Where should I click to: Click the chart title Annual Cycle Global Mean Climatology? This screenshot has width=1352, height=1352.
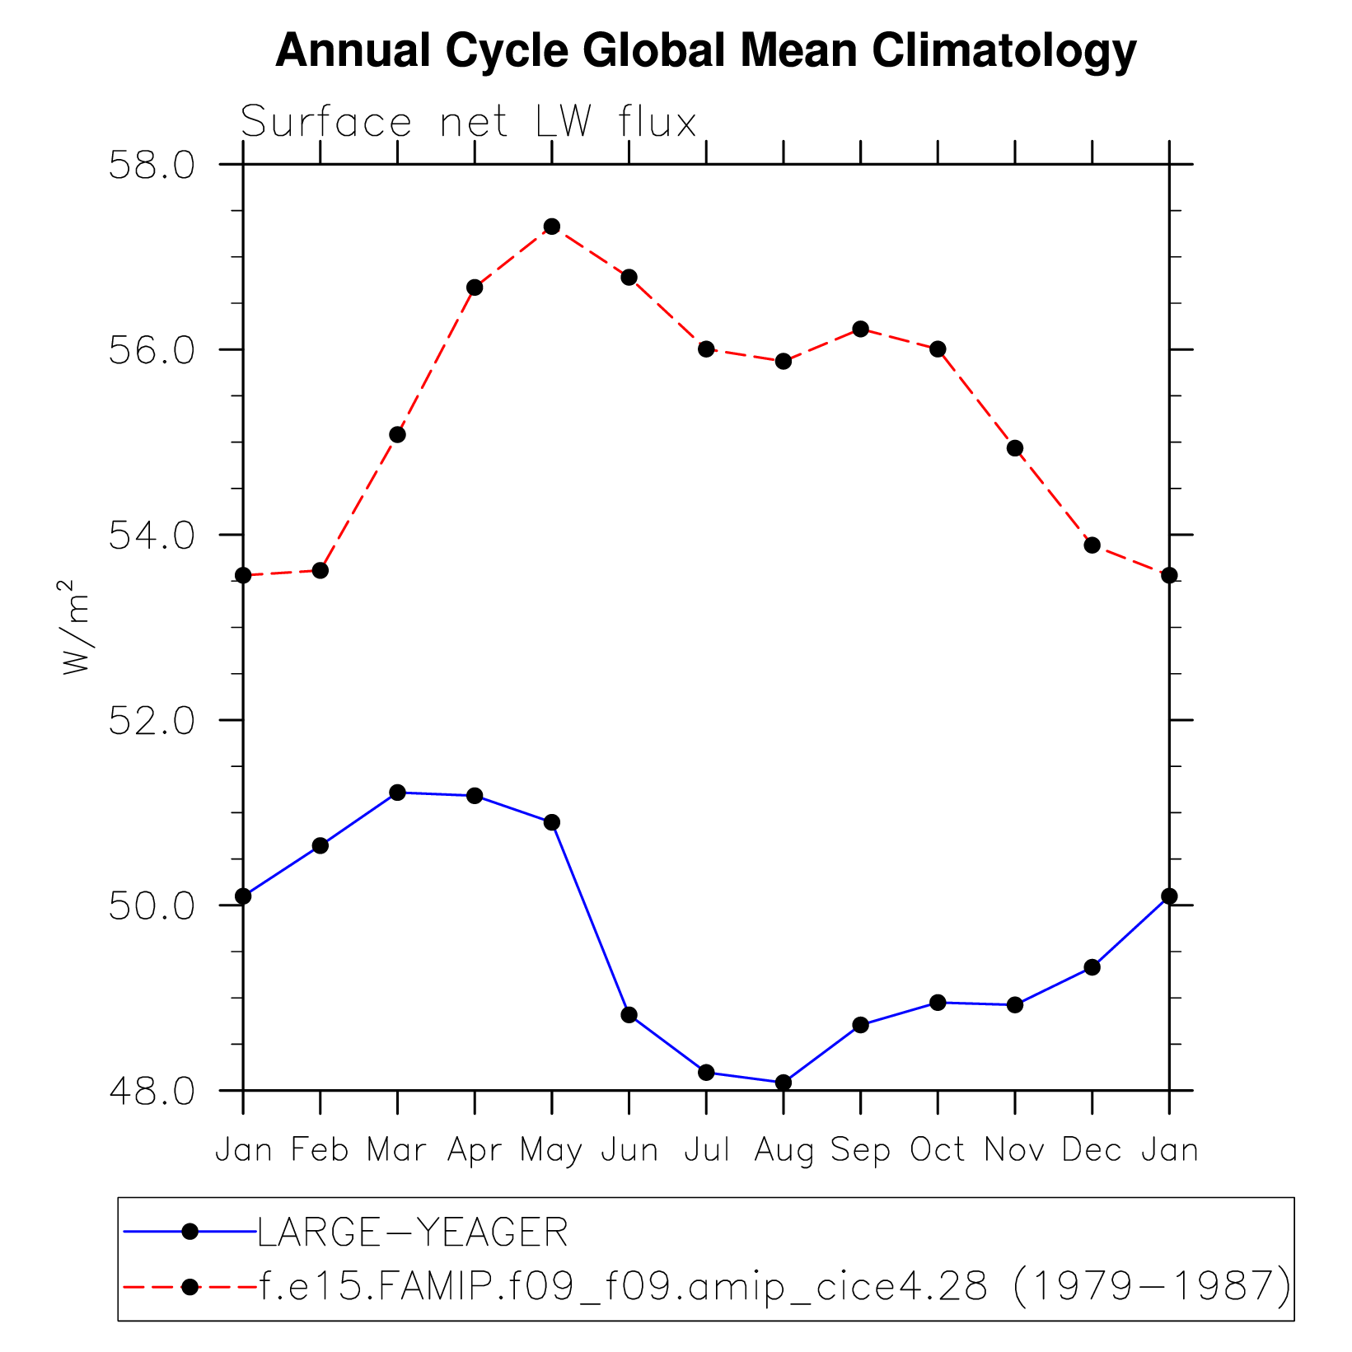click(705, 51)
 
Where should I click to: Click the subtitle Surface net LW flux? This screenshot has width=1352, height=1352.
click(468, 123)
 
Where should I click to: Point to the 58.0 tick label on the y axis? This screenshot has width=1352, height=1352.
click(152, 166)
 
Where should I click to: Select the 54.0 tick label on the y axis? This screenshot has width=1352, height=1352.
click(152, 536)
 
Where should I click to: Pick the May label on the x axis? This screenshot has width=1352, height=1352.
click(551, 1150)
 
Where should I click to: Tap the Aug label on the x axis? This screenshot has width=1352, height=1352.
click(784, 1150)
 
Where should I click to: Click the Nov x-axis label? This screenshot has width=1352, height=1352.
click(1015, 1150)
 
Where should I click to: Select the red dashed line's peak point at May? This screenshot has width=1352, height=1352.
click(552, 227)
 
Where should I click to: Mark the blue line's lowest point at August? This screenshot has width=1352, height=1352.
click(784, 1082)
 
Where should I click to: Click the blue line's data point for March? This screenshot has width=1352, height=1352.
click(397, 792)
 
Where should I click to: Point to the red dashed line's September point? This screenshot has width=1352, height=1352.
click(861, 329)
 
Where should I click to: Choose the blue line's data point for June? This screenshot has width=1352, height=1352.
click(629, 1014)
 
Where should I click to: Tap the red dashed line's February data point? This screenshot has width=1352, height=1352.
click(320, 570)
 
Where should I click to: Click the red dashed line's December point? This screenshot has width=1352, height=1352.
click(1092, 545)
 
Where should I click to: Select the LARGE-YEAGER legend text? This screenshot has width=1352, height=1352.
click(413, 1233)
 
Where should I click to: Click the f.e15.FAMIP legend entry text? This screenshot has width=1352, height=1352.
click(774, 1286)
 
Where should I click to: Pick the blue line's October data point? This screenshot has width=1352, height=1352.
click(938, 1002)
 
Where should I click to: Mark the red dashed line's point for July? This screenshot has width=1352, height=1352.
click(706, 349)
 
